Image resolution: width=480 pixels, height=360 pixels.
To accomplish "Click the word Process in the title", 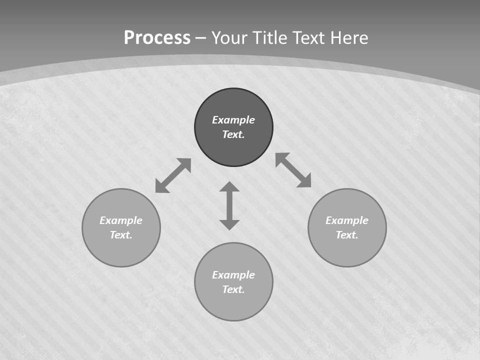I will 157,38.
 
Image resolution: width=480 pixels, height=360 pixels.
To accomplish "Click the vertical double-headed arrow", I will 229,205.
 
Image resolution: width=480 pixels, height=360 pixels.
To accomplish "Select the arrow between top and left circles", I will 173,175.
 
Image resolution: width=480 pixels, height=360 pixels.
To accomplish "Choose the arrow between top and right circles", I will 293,170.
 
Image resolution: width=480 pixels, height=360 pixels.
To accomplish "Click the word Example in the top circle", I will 233,120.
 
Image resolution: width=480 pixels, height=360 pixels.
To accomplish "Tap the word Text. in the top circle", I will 233,134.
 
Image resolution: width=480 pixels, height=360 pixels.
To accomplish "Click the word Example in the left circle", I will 121,220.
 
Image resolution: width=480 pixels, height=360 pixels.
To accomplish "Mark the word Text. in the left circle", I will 121,235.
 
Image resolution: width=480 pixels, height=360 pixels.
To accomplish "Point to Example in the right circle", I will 347,220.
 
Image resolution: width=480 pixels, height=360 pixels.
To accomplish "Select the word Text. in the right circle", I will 347,235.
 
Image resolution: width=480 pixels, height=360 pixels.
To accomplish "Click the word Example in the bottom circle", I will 233,275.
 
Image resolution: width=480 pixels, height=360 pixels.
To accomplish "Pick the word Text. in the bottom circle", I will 233,289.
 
